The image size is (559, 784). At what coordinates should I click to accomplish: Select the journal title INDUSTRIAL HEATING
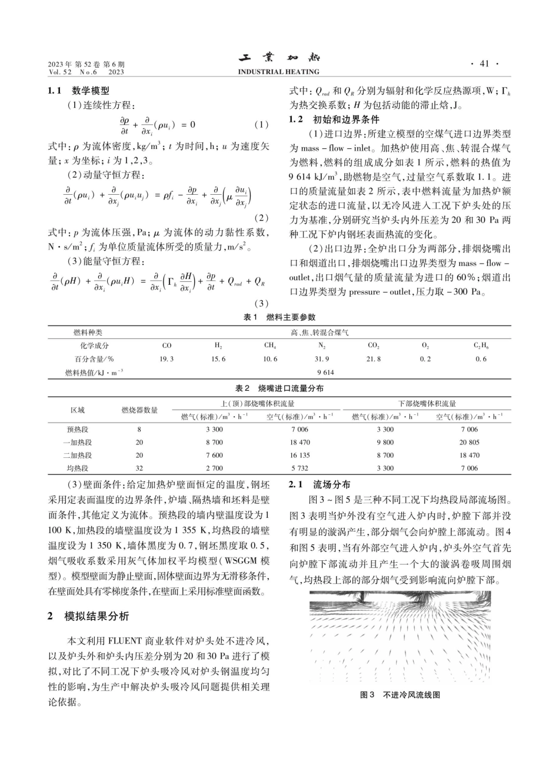click(279, 72)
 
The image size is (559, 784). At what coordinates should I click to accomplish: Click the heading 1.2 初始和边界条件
click(330, 119)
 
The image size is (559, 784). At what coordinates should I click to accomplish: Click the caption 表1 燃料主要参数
click(279, 317)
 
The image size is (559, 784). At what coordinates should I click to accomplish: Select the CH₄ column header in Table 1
click(270, 346)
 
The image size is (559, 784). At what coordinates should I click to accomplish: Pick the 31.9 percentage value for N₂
click(322, 359)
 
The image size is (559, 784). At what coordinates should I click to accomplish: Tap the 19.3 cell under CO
click(167, 359)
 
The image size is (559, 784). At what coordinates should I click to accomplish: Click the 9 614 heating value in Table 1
click(325, 372)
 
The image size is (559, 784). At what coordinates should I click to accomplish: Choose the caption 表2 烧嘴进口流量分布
click(279, 388)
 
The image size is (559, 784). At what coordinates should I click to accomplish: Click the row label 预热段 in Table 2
click(78, 430)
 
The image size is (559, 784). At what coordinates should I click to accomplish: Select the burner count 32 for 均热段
click(139, 469)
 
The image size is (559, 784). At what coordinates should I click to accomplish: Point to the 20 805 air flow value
click(469, 443)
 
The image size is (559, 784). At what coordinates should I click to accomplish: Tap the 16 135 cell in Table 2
click(300, 456)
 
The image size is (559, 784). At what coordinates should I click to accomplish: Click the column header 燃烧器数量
click(139, 410)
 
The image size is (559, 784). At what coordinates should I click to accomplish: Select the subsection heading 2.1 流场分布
click(320, 485)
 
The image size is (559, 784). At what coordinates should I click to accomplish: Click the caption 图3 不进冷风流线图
click(400, 695)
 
